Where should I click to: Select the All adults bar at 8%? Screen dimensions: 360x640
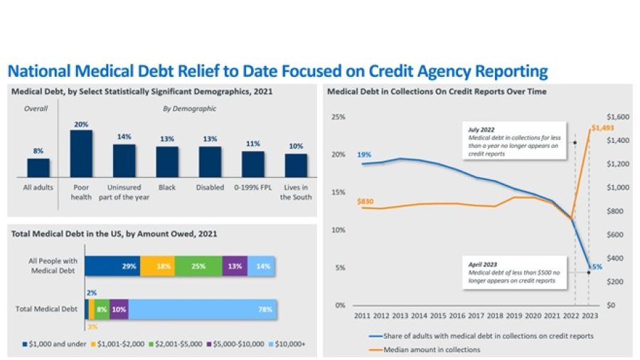[x=38, y=167]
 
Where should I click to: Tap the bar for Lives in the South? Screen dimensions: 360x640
[x=296, y=164]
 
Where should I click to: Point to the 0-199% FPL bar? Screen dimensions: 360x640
[x=252, y=163]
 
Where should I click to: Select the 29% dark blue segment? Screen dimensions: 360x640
[x=112, y=266]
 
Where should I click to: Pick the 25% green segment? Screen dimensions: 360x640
[x=198, y=266]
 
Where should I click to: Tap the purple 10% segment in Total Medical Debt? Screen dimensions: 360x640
[x=119, y=309]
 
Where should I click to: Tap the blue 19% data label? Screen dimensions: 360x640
[x=364, y=154]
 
